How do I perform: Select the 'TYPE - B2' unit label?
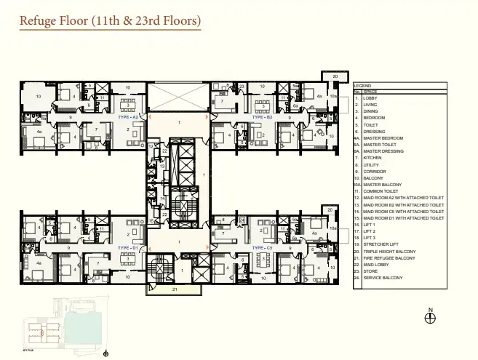(x=262, y=116)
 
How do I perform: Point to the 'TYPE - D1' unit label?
(x=128, y=248)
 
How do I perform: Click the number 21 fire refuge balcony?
(x=175, y=289)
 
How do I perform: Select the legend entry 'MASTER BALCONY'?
(x=382, y=184)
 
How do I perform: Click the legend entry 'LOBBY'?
(x=370, y=98)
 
